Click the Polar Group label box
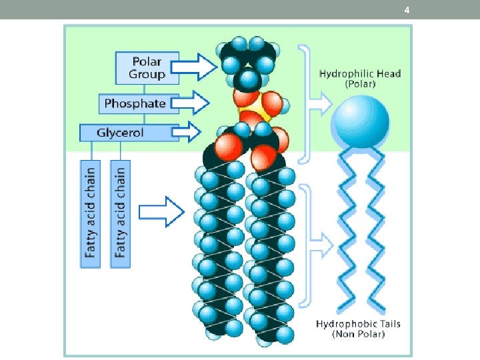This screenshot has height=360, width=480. point(147,67)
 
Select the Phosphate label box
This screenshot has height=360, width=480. point(135,103)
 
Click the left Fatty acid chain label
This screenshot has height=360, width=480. point(90,213)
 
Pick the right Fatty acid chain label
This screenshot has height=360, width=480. point(120,213)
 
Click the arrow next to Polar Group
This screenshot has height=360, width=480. point(199,67)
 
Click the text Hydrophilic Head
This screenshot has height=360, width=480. point(360,73)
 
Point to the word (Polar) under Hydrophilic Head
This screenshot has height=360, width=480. point(360,85)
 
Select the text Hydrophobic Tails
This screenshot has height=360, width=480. point(359,324)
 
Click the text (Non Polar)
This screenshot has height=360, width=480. point(359,335)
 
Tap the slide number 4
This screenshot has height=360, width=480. point(407,9)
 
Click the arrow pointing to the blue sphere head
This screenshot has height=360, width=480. point(322,103)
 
